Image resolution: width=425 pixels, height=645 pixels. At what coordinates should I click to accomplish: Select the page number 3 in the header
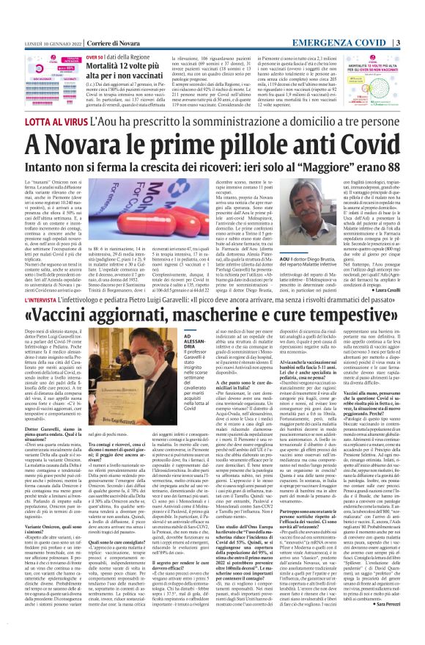pos(417,7)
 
